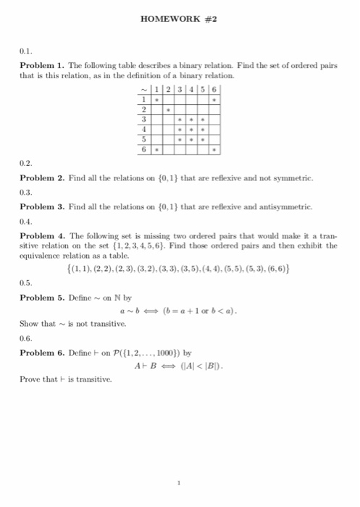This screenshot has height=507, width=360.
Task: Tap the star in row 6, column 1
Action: (x=157, y=150)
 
